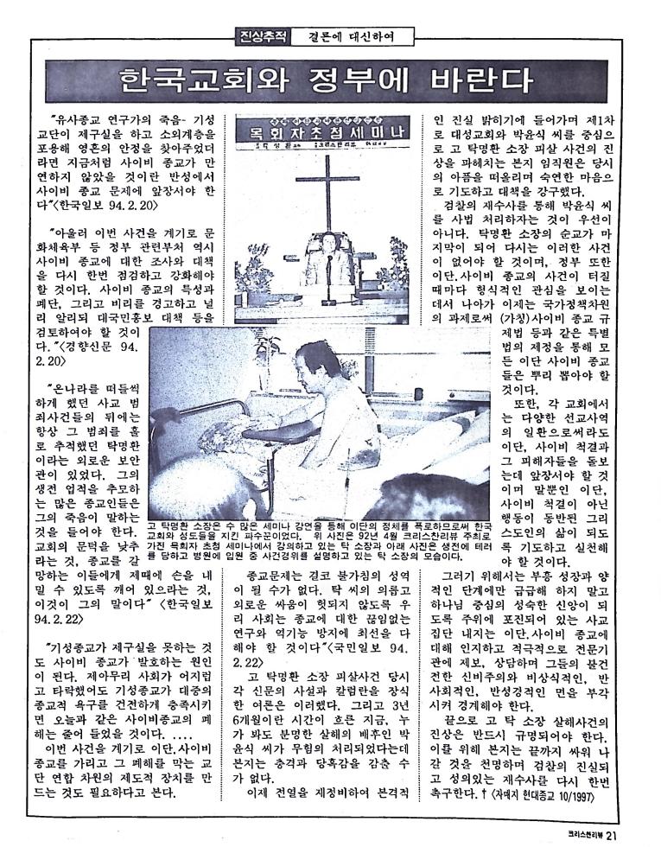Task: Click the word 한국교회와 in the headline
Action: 194,80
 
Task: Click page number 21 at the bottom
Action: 611,835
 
